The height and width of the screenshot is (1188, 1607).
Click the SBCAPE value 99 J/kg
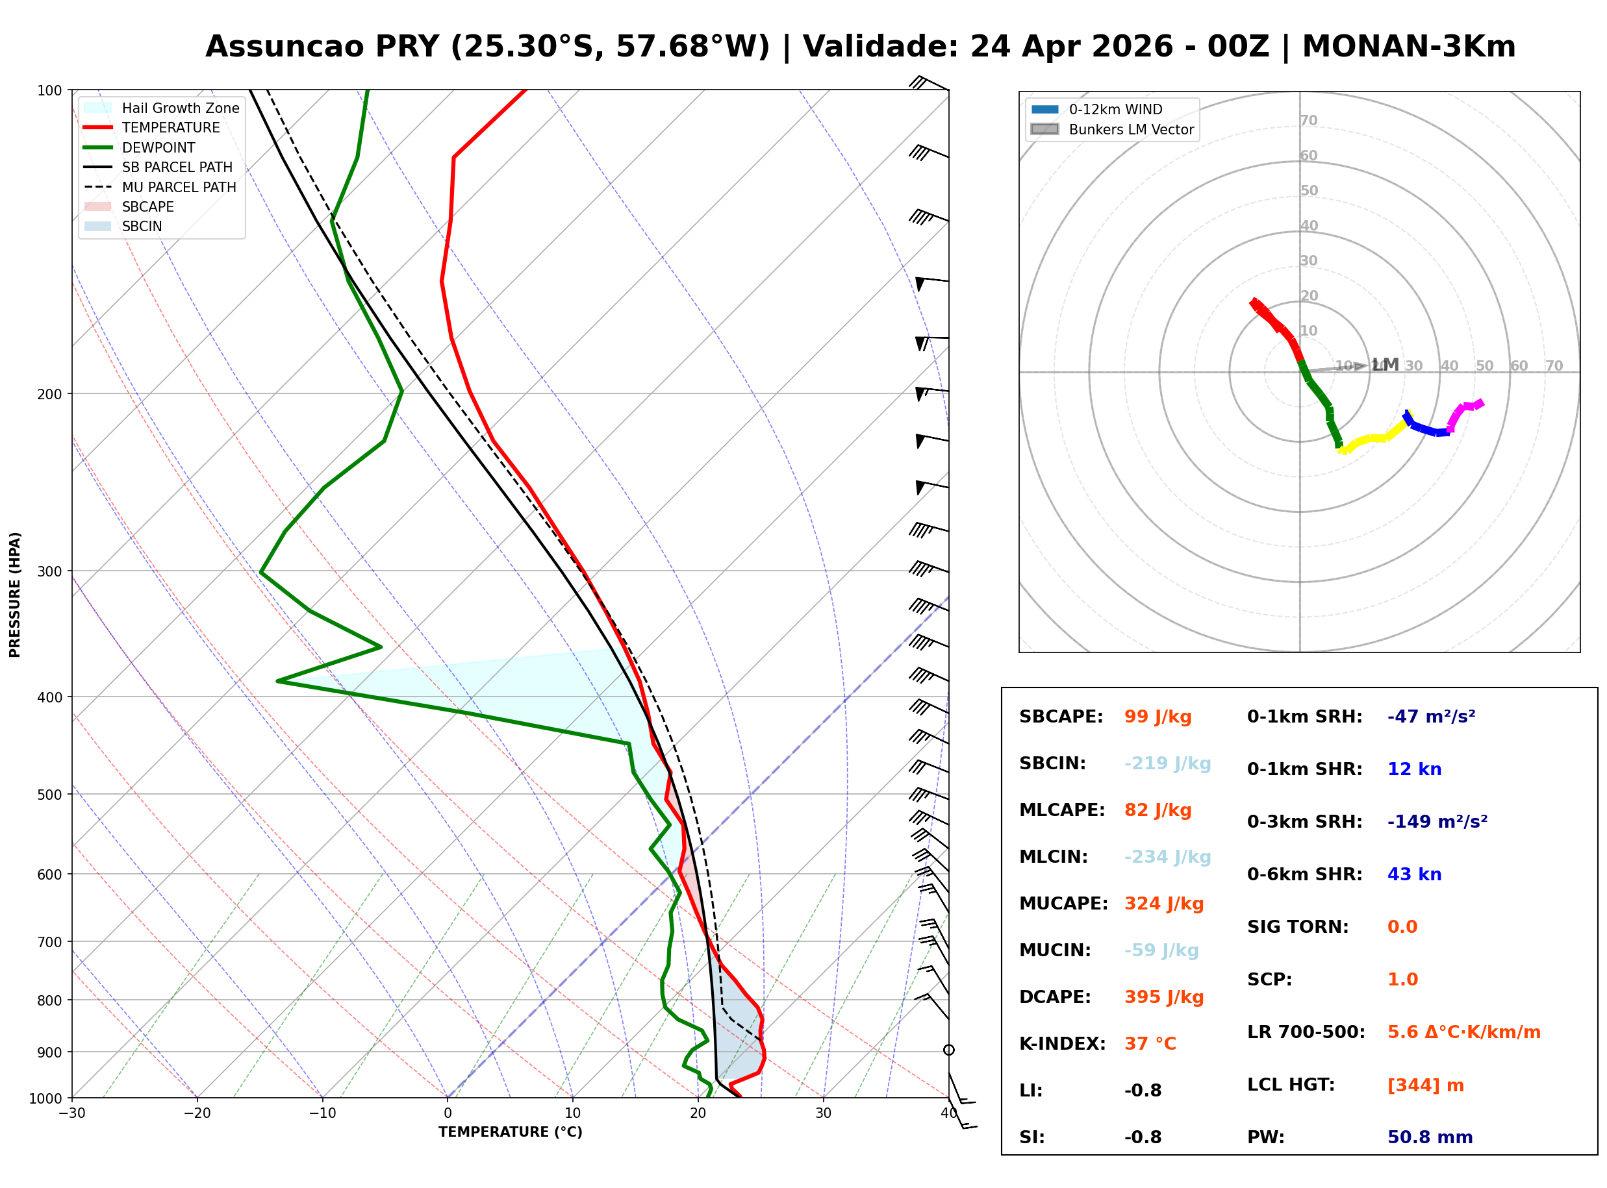[x=1158, y=717]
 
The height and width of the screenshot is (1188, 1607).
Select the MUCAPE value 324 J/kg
[x=1163, y=903]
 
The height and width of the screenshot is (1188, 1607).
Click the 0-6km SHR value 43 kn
[x=1413, y=874]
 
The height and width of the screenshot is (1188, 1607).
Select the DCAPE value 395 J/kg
[x=1163, y=996]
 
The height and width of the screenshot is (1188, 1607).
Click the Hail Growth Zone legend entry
[x=180, y=108]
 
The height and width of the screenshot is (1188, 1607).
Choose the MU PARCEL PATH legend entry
[x=179, y=187]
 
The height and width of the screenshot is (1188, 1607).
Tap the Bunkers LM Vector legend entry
[x=1130, y=129]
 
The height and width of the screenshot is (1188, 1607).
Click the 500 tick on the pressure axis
[x=49, y=795]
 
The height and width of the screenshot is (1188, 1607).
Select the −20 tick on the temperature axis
[x=196, y=1113]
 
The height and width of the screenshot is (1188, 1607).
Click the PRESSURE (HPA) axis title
[x=15, y=594]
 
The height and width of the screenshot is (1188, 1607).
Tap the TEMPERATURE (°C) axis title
[x=510, y=1132]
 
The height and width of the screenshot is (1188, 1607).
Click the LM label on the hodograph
[x=1385, y=365]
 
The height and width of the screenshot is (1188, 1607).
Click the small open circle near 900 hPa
[x=949, y=1050]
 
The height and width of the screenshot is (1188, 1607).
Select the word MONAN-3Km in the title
[x=1408, y=47]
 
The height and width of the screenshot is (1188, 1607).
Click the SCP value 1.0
[x=1402, y=980]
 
